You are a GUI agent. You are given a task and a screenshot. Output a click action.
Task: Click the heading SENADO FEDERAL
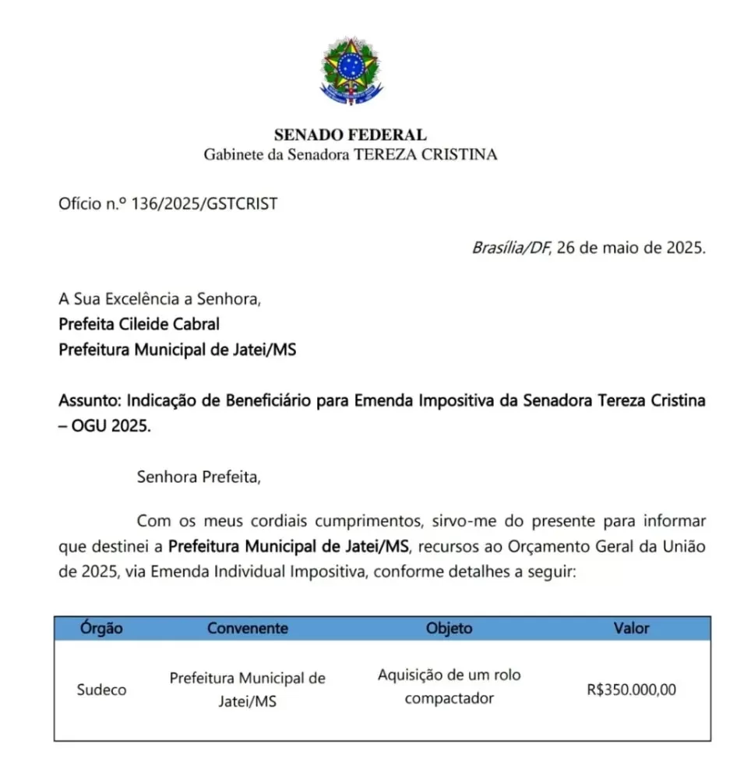351,135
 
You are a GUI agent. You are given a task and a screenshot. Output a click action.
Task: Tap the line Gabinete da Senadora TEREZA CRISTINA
351,154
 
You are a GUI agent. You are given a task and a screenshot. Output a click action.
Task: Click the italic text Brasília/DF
510,249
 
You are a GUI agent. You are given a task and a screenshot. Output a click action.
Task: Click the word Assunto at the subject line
89,402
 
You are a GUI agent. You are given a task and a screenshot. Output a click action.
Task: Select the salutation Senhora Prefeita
199,477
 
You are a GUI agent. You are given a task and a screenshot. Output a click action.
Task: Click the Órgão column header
102,628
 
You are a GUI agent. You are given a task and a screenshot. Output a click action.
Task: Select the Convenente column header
248,628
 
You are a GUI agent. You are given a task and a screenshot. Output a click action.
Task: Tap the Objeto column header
449,628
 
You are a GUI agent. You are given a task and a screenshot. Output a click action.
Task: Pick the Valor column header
631,628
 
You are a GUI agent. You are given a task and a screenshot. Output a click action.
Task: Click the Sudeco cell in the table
102,689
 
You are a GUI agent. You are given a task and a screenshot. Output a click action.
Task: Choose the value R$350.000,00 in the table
632,689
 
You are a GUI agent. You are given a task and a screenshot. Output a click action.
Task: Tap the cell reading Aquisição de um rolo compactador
450,686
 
